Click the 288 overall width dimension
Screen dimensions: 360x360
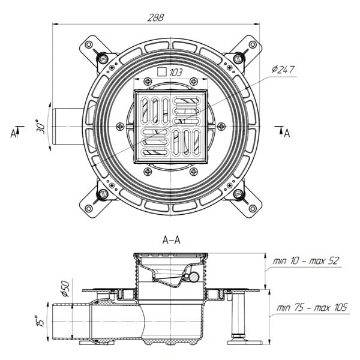tap(155, 17)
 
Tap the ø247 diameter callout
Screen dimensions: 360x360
tap(283, 70)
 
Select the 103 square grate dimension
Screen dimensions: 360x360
tap(176, 73)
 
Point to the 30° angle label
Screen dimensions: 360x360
tap(41, 127)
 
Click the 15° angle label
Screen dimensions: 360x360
tap(40, 322)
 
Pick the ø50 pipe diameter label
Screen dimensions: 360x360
tap(65, 289)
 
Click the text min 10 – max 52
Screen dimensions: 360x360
tap(306, 261)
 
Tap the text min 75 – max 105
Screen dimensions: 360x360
tap(312, 307)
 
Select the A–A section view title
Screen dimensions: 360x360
tap(171, 240)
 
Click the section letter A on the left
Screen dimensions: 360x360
tap(13, 133)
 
